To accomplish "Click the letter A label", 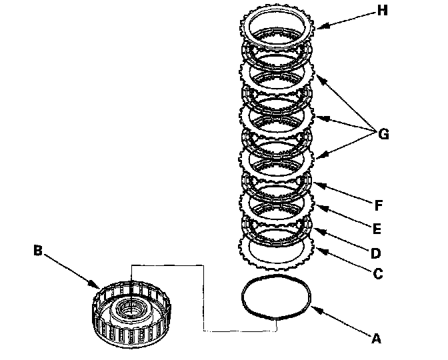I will pos(375,339).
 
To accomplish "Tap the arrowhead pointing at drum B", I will pos(98,287).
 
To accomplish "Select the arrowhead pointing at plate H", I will pos(318,27).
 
